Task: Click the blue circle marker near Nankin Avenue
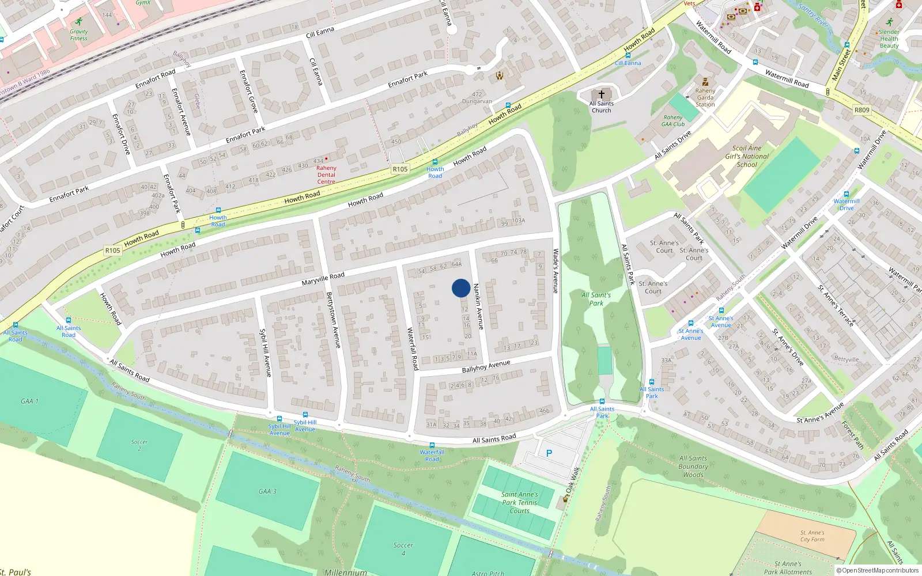pyautogui.click(x=461, y=288)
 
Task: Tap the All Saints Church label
pyautogui.click(x=601, y=107)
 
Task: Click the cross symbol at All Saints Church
pyautogui.click(x=601, y=94)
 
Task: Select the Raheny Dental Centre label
pyautogui.click(x=326, y=175)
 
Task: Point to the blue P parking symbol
pyautogui.click(x=549, y=454)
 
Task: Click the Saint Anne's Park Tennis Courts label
pyautogui.click(x=519, y=502)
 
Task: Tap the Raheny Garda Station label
pyautogui.click(x=705, y=97)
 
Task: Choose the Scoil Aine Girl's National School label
pyautogui.click(x=747, y=156)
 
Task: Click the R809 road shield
pyautogui.click(x=862, y=110)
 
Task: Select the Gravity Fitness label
pyautogui.click(x=79, y=35)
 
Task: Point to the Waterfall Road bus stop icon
pyautogui.click(x=432, y=446)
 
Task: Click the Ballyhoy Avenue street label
pyautogui.click(x=486, y=367)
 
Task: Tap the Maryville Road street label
pyautogui.click(x=323, y=279)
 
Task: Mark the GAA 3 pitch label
pyautogui.click(x=267, y=491)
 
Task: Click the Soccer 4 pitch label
pyautogui.click(x=403, y=548)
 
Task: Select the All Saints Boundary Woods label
pyautogui.click(x=693, y=467)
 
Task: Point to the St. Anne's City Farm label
pyautogui.click(x=812, y=536)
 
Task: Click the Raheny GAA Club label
pyautogui.click(x=673, y=121)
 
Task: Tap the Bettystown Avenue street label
pyautogui.click(x=334, y=320)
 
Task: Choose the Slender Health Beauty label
pyautogui.click(x=889, y=39)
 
